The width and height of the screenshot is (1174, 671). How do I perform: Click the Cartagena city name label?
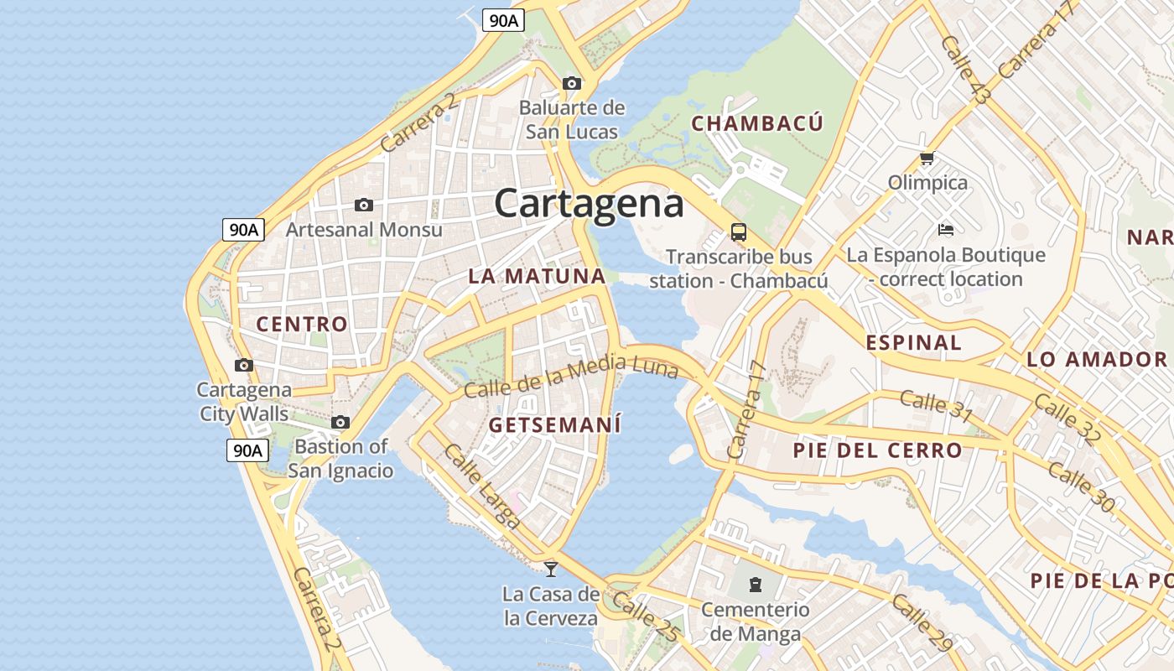point(589,204)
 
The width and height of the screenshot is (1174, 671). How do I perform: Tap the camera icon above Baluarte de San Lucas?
point(572,83)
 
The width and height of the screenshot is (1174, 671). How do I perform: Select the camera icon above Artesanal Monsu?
point(364,205)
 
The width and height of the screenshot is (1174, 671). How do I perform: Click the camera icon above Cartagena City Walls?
point(244,365)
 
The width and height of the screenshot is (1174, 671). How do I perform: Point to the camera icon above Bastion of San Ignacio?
point(340,422)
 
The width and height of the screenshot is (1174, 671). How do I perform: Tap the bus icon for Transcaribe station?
point(739,232)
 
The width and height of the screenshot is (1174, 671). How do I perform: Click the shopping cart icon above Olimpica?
point(927,158)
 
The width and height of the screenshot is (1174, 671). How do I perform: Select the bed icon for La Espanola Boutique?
point(946,229)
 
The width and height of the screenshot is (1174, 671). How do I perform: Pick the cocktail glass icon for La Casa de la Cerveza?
point(551,569)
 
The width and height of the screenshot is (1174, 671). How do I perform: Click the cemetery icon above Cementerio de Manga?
point(755,584)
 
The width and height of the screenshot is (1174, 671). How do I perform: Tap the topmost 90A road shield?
point(503,21)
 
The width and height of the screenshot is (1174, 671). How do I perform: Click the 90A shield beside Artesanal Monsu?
point(243,229)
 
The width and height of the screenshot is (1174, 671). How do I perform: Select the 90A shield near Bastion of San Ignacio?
point(247,450)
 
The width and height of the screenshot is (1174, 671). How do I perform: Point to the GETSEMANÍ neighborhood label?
point(555,425)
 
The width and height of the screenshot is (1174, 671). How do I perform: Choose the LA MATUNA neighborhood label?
point(537,276)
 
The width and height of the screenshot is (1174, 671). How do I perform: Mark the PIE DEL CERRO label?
point(877,450)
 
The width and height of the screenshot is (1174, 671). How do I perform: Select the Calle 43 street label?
point(964,70)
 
